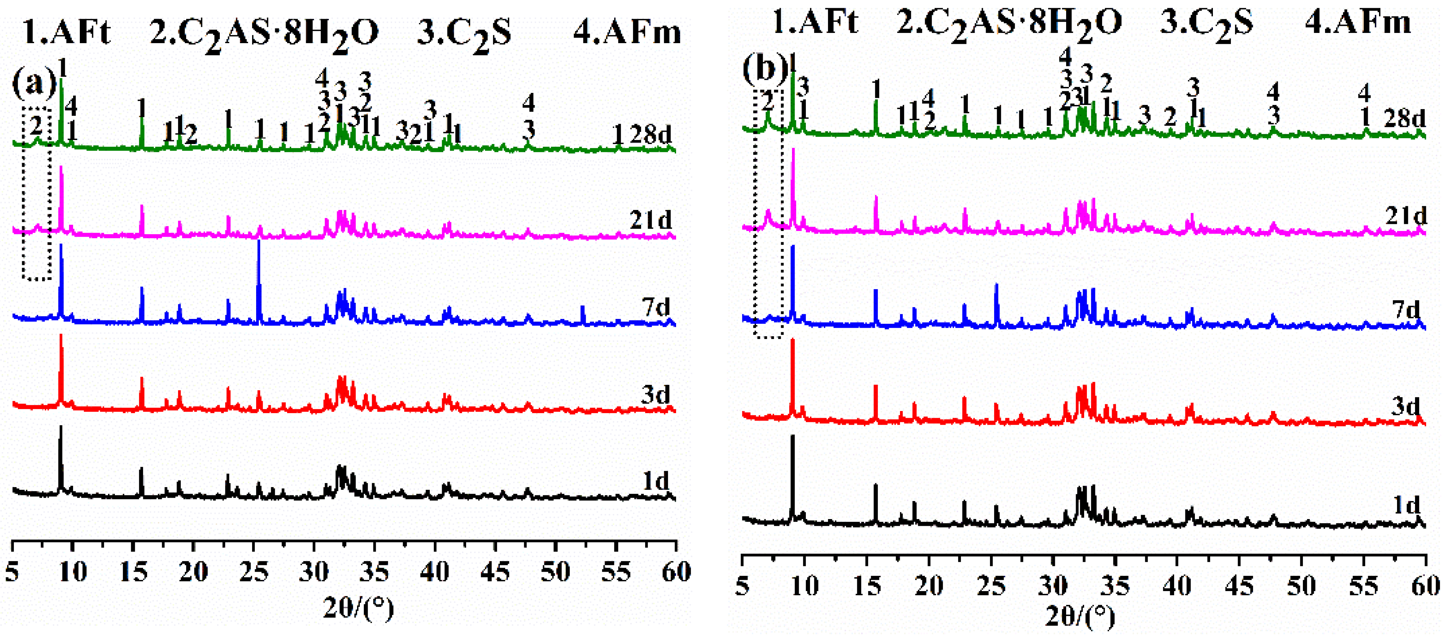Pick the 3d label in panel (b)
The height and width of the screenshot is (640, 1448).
pos(1405,406)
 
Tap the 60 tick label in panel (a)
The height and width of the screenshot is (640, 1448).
pos(676,571)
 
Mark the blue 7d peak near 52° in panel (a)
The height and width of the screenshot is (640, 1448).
pos(582,308)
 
